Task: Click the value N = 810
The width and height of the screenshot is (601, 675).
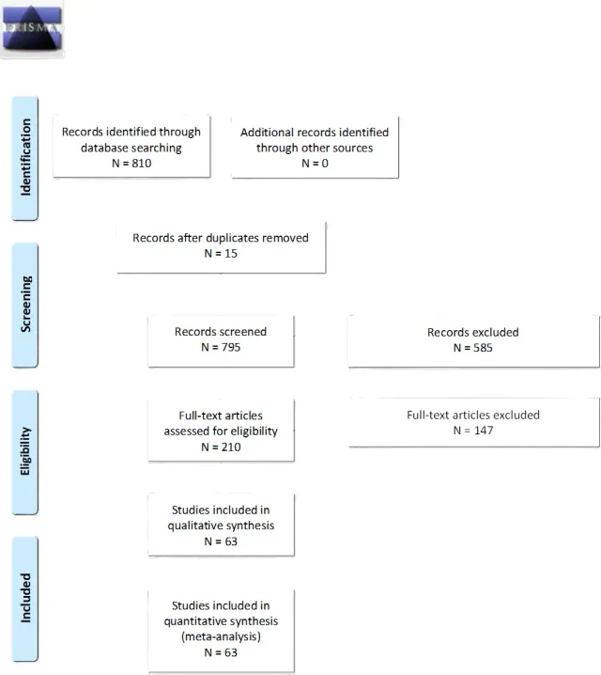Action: (131, 163)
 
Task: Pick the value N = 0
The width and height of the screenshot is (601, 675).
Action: (314, 163)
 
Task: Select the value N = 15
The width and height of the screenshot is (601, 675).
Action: (221, 254)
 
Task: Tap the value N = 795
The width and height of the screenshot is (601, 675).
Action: (221, 348)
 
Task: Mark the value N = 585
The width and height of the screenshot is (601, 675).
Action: (472, 348)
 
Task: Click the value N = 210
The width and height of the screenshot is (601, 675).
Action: (221, 447)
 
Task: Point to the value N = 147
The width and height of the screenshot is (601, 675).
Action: (472, 431)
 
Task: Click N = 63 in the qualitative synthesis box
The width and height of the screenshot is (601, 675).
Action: (221, 541)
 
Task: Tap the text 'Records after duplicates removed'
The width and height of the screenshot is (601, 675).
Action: (221, 238)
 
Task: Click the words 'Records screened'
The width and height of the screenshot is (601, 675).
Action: (221, 332)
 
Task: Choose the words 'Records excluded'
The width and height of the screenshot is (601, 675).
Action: (472, 332)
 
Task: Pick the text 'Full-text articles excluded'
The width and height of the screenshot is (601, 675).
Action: (472, 415)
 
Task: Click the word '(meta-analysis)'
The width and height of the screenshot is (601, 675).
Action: (221, 636)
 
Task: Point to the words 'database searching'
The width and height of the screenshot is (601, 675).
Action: (131, 148)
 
